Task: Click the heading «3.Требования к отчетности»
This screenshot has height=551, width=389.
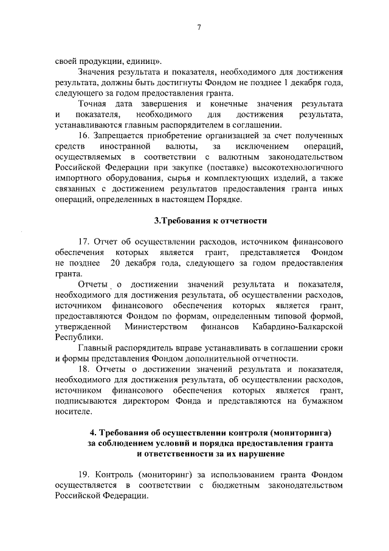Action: [199, 220]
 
